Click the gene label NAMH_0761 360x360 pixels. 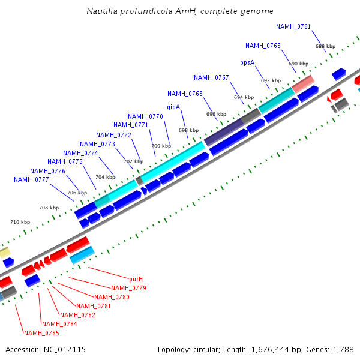[293, 26]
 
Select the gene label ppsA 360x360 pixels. [247, 62]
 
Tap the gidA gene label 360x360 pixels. [173, 107]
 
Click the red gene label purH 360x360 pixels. [136, 279]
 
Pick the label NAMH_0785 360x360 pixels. [41, 333]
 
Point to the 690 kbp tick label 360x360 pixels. [298, 64]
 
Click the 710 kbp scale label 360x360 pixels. [20, 222]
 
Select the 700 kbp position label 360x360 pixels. [161, 146]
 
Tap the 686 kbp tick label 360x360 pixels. [325, 46]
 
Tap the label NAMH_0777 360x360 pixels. [31, 179]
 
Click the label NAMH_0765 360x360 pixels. [263, 46]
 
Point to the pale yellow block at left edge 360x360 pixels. [4, 252]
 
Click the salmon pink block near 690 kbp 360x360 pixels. [303, 83]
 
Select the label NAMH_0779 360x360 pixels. [128, 288]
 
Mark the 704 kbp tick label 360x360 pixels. [106, 177]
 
